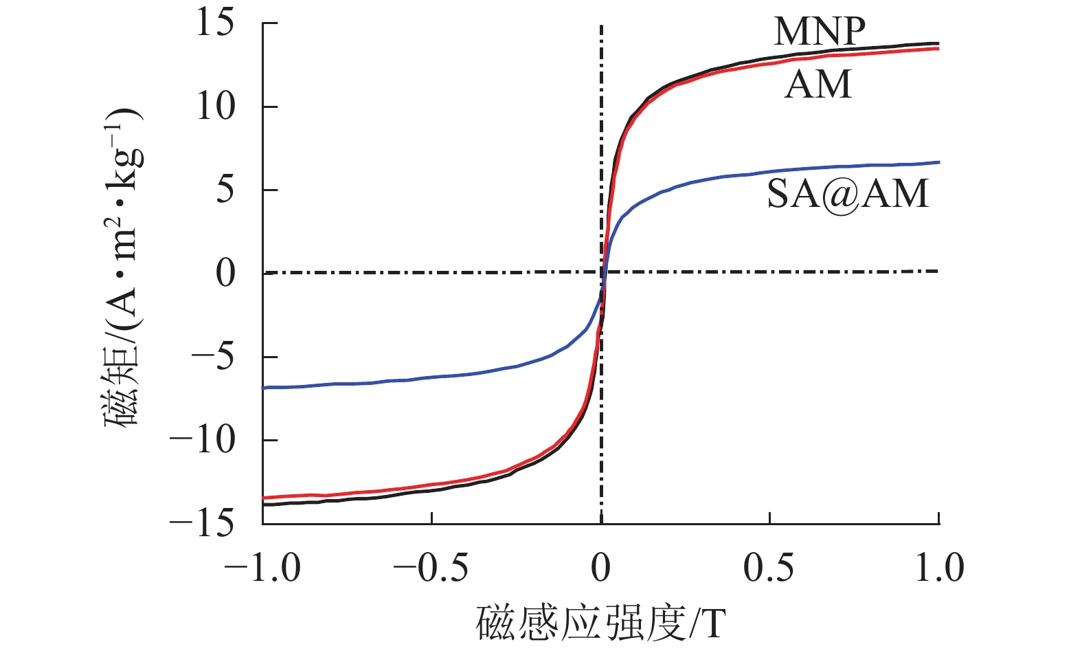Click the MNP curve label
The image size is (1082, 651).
click(820, 31)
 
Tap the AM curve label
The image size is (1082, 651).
click(818, 85)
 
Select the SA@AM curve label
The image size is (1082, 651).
click(848, 193)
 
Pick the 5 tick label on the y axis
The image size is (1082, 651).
click(225, 190)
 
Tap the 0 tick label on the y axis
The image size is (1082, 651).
click(225, 274)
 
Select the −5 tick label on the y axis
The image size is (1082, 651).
click(214, 357)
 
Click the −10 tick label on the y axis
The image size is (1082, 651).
click(203, 440)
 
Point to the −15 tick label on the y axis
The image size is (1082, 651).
click(203, 524)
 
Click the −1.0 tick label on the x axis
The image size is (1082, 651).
click(263, 569)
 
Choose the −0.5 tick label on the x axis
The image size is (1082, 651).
click(431, 569)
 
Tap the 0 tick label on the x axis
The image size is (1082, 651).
click(601, 569)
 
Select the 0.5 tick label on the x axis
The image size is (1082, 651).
click(769, 569)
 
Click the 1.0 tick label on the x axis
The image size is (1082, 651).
click(939, 569)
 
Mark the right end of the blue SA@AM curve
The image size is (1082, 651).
click(938, 162)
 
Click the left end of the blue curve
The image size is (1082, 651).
click(263, 388)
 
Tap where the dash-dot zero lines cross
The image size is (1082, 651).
click(602, 273)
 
